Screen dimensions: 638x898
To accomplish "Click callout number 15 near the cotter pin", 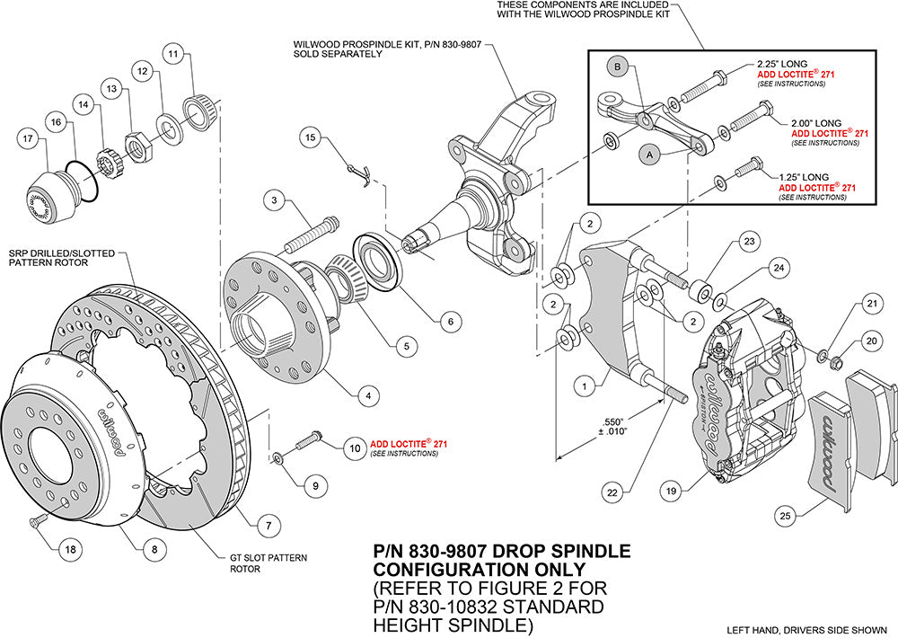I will tap(310, 138).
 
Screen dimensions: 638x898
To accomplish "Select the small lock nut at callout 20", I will tap(835, 362).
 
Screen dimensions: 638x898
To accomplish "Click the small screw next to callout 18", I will tap(36, 520).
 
